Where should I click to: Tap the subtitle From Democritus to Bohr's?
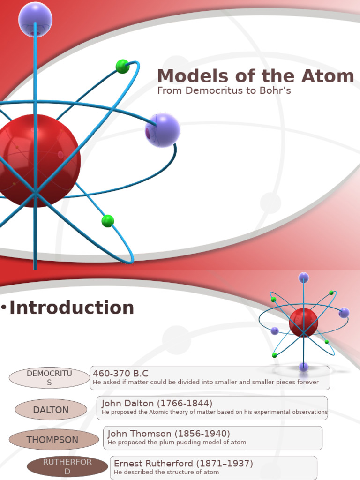coord(224,90)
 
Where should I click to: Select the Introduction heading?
coord(72,308)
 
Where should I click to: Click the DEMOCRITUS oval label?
coord(49,378)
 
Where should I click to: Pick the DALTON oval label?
coord(51,410)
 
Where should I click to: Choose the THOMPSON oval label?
coord(52,440)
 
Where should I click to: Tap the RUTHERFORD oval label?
coord(67,466)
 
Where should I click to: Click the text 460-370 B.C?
coord(120,374)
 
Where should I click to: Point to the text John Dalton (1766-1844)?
coord(157,403)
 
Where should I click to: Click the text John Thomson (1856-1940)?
coord(169,434)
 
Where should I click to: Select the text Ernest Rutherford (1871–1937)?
coord(183,464)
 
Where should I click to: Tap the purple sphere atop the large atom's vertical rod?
coord(35,19)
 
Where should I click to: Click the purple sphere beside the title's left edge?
coord(162,130)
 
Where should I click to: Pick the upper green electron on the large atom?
coord(123,67)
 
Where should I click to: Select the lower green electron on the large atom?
coord(108,221)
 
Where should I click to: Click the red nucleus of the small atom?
coord(303,322)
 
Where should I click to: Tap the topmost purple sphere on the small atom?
coord(304,277)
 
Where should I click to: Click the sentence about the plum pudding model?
coord(177,442)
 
